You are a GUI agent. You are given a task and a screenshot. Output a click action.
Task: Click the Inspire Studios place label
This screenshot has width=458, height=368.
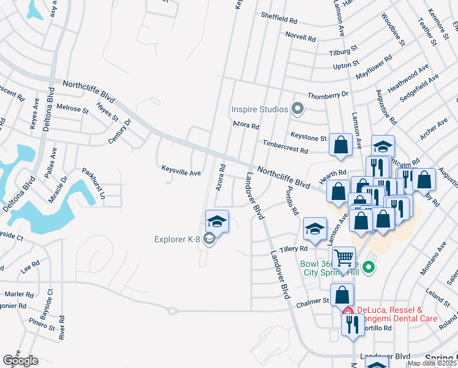pyautogui.click(x=259, y=110)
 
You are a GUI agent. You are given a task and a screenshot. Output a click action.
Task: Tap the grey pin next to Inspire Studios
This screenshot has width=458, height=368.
pyautogui.click(x=298, y=109)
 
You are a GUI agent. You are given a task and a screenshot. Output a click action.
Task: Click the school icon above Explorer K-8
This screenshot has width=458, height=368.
pyautogui.click(x=217, y=221)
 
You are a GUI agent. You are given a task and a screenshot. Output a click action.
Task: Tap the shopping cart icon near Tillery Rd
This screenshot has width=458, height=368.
pyautogui.click(x=343, y=258)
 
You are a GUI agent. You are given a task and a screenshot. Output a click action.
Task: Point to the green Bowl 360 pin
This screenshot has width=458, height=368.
pyautogui.click(x=368, y=267)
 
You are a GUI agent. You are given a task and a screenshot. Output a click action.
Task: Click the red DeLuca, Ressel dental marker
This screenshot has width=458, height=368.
pyautogui.click(x=348, y=312)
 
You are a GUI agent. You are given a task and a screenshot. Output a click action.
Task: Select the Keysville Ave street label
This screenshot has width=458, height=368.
pyautogui.click(x=181, y=173)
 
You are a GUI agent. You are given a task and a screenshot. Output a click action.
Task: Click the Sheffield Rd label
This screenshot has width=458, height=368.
pyautogui.click(x=279, y=18)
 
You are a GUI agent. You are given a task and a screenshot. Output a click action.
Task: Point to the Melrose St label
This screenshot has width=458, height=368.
pyautogui.click(x=72, y=109)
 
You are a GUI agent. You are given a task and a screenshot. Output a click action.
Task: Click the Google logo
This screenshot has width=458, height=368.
pyautogui.click(x=20, y=361)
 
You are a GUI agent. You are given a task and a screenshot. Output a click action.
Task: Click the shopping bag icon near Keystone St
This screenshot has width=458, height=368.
pyautogui.click(x=340, y=145)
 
